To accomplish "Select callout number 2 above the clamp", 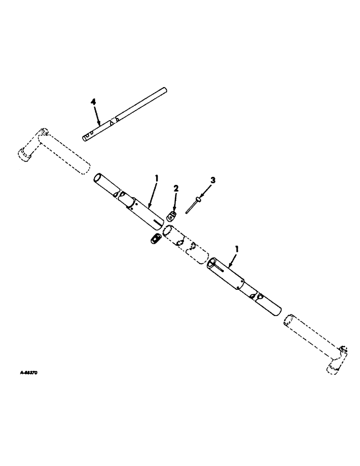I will click(176, 189).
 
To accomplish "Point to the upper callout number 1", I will click(157, 178).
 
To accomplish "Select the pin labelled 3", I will click(193, 206).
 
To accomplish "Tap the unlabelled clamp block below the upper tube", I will click(155, 238).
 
